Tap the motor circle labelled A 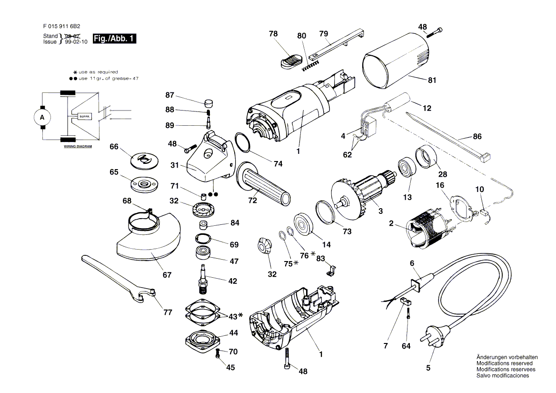(x=42, y=117)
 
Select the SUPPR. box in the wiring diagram (x=79, y=116)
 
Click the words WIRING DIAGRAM (x=78, y=147)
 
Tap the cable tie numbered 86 (x=447, y=134)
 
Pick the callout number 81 (x=432, y=81)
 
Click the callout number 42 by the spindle (x=232, y=281)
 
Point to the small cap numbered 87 (x=208, y=102)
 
